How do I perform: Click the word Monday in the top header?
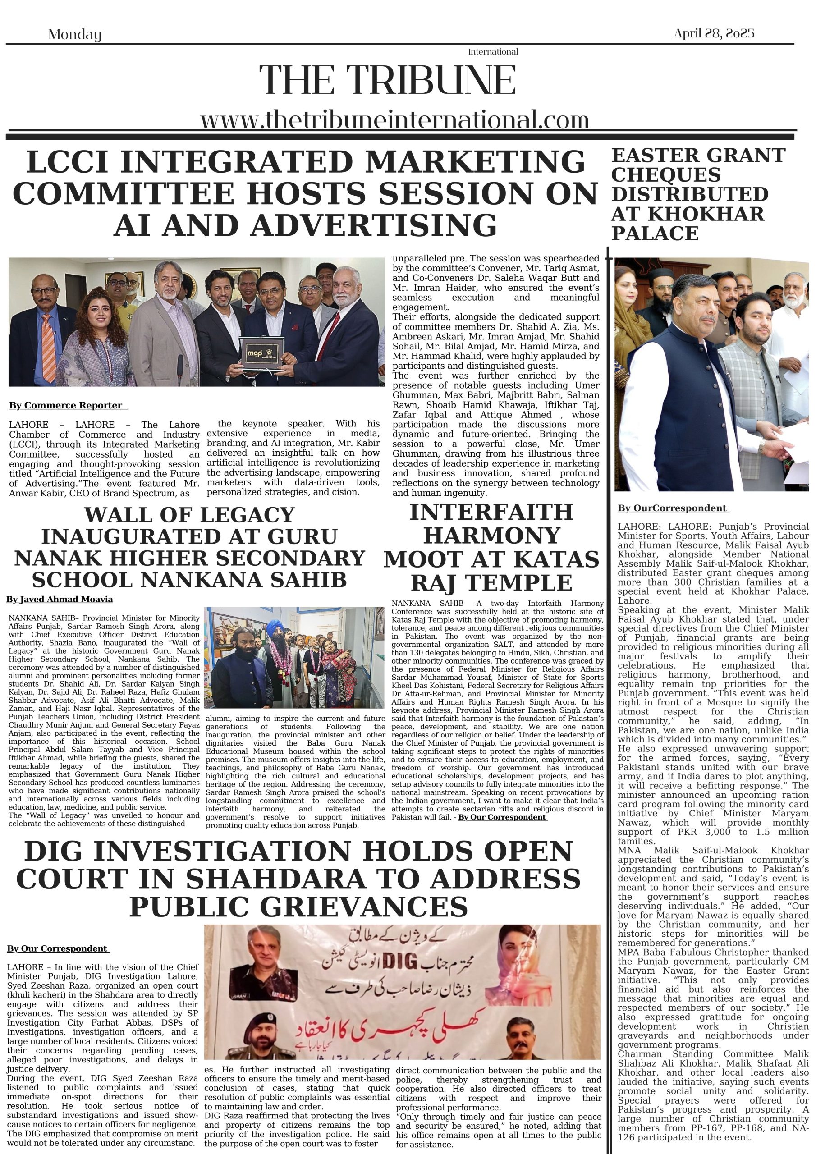(75, 35)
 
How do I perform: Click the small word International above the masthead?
(493, 52)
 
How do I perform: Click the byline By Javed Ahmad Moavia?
(60, 599)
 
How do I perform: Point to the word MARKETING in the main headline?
(475, 162)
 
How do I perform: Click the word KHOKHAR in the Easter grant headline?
(706, 214)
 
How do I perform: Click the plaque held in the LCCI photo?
(261, 354)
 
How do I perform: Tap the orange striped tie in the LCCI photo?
(48, 347)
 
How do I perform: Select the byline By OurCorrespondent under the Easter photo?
(673, 508)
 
